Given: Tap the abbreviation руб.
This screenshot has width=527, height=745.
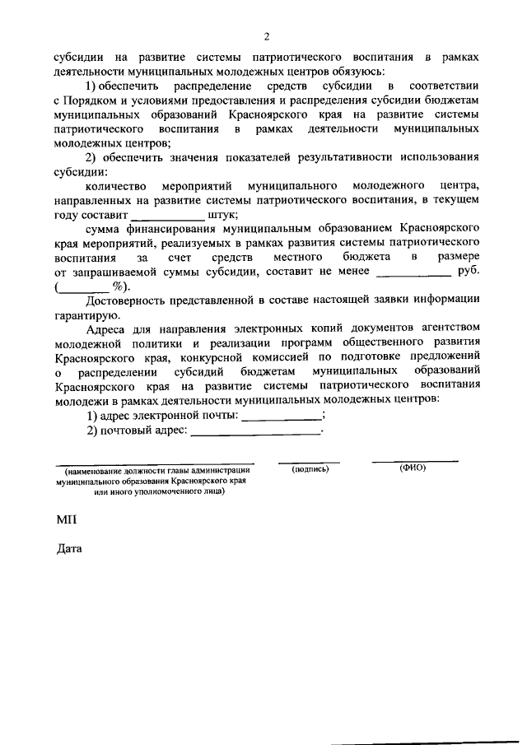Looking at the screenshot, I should [x=467, y=272].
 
